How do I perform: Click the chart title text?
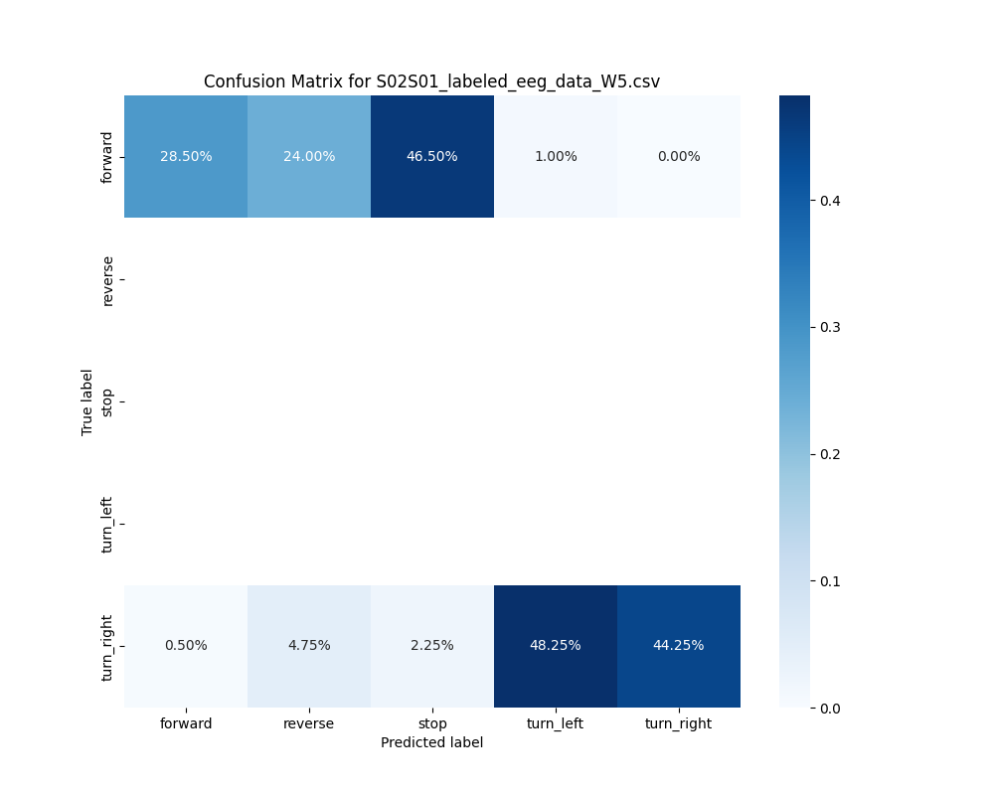tap(431, 81)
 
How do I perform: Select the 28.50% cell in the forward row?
tap(186, 156)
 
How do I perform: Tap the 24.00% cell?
tap(309, 156)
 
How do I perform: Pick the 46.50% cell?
tap(432, 156)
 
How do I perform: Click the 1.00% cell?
tap(556, 156)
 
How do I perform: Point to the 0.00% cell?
tap(679, 156)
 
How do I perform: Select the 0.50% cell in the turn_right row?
tap(186, 645)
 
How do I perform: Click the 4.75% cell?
tap(309, 645)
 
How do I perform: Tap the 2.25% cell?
tap(432, 645)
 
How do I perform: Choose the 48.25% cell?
tap(556, 645)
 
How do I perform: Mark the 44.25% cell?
tap(679, 645)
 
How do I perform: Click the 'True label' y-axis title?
tap(87, 401)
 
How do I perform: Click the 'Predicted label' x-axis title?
tap(431, 742)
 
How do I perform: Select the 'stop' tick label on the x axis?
tap(432, 723)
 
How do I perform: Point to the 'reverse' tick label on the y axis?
tap(108, 280)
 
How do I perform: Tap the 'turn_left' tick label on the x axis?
tap(556, 723)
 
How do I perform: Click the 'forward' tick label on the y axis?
tap(108, 157)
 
